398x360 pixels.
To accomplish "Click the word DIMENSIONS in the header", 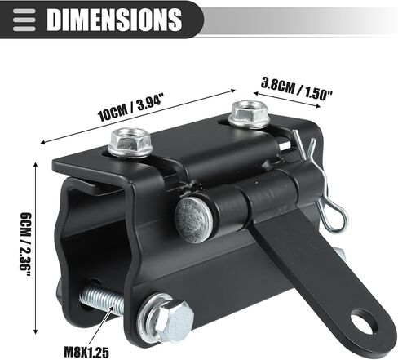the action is pos(114,19).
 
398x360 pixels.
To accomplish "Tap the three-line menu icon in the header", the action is pos(24,20).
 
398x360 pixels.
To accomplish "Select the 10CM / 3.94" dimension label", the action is pos(130,107).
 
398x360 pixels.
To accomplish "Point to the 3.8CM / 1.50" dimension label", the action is pos(297,89).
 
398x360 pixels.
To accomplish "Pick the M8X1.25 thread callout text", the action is pos(86,352).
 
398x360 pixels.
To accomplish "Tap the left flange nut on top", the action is pos(130,143).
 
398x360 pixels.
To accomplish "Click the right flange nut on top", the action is pos(249,114).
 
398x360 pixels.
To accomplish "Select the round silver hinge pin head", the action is pos(193,220).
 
